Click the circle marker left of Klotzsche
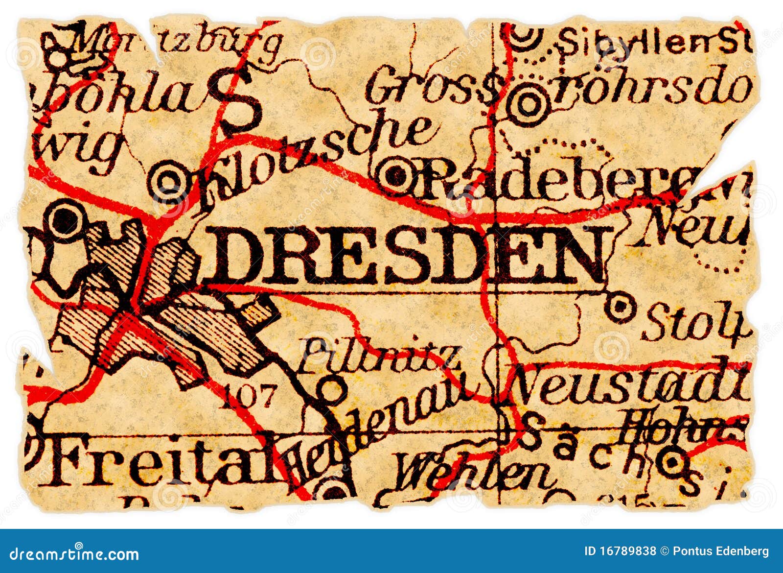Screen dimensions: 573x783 coord(169,183)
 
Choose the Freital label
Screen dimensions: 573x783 coord(161,463)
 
